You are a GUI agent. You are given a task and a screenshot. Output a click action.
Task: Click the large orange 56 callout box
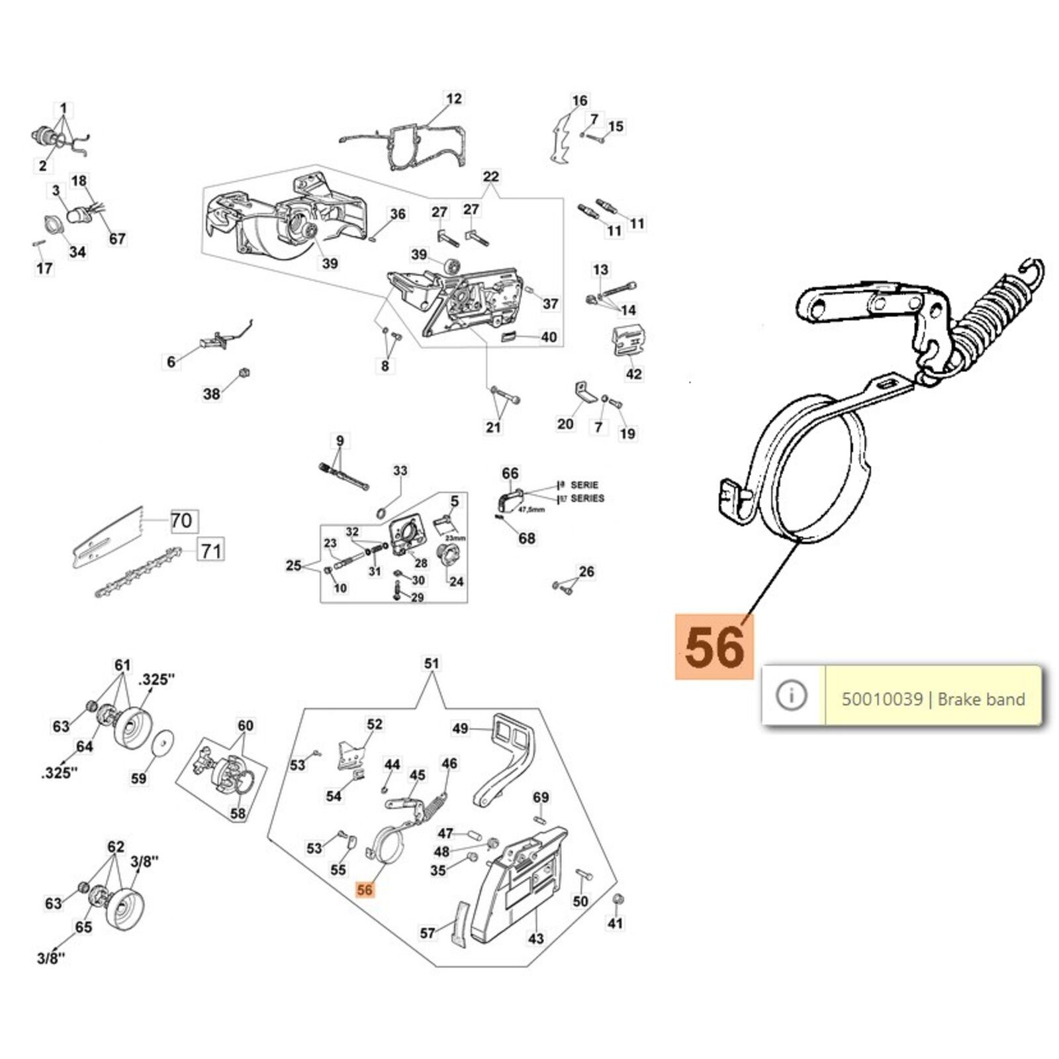click(714, 647)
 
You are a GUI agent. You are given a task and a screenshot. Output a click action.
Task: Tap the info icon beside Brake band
click(792, 695)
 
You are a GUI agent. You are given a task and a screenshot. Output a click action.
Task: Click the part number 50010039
click(882, 699)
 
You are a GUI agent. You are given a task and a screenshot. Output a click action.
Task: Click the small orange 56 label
click(365, 890)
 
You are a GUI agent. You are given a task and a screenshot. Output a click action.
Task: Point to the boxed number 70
click(181, 521)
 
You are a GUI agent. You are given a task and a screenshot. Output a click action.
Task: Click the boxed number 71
click(210, 550)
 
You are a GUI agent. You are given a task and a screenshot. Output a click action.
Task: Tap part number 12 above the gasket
click(454, 99)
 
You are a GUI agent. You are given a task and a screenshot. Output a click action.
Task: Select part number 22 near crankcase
click(490, 177)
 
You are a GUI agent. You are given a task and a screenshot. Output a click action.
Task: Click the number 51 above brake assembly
click(432, 663)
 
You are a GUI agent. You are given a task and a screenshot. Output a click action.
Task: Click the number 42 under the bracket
click(633, 374)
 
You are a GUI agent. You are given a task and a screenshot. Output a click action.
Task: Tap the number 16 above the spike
click(580, 101)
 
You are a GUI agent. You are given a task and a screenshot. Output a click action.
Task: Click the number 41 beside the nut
click(616, 923)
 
